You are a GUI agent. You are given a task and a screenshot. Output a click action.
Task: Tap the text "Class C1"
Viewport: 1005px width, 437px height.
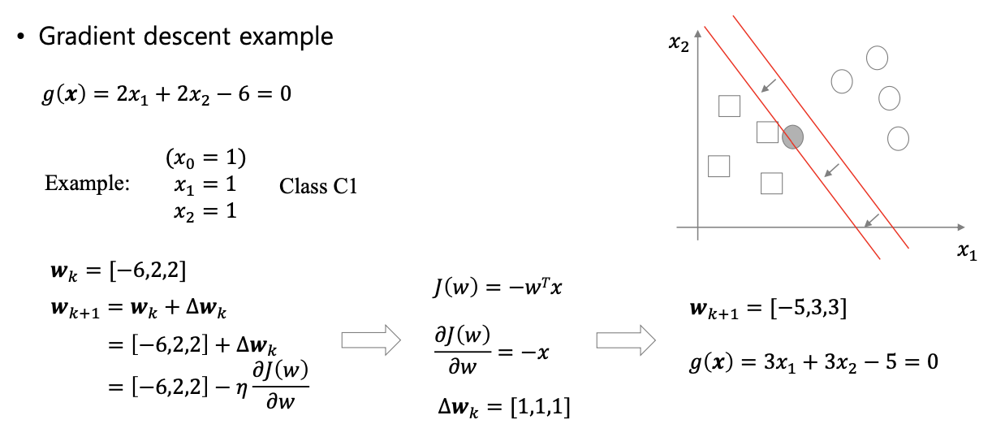coord(318,186)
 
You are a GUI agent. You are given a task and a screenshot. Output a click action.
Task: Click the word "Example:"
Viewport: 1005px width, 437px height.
coord(87,184)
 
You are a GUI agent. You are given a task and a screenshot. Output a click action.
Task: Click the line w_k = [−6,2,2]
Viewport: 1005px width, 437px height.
coord(119,268)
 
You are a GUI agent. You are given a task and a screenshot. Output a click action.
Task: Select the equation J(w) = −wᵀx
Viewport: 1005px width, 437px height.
coord(486,289)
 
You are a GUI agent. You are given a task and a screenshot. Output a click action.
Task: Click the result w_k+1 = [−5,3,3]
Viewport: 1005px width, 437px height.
coord(767,310)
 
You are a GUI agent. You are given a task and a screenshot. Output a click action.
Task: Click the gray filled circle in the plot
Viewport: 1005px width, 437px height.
coord(793,137)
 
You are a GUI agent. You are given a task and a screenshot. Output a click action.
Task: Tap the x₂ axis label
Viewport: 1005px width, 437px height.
coord(679,45)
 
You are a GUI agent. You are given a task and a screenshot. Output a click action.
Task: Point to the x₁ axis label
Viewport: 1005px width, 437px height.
coord(966,253)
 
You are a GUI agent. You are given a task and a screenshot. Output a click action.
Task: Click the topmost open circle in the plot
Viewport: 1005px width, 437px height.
coord(877,58)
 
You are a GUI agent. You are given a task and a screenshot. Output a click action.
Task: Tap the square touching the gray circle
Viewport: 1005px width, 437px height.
coord(767,132)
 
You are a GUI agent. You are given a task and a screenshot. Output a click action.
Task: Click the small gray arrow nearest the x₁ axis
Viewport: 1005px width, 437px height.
coord(870,219)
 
